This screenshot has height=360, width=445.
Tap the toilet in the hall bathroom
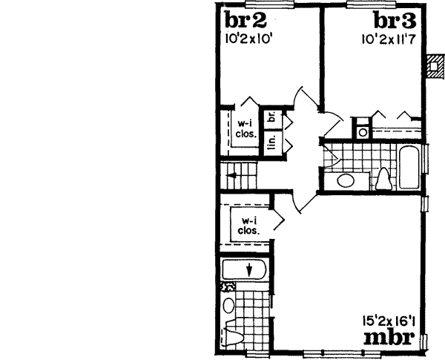click(x=383, y=179)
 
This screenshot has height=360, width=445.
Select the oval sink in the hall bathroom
click(x=345, y=180)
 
